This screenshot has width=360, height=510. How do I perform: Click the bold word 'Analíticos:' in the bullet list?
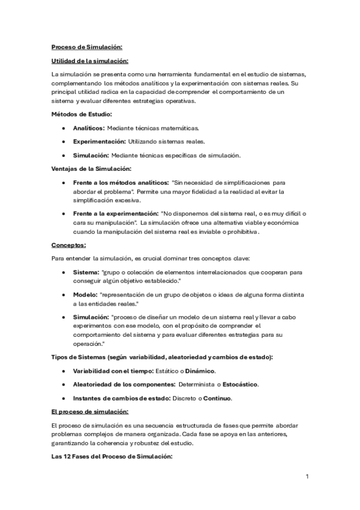(89, 128)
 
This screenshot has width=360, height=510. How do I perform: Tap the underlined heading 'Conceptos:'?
(69, 245)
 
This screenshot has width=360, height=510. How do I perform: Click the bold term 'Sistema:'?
(87, 272)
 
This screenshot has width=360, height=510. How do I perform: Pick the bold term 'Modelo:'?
(85, 295)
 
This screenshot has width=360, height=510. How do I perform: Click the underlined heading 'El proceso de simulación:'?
(90, 412)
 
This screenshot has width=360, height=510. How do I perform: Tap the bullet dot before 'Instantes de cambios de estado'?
(64, 399)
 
